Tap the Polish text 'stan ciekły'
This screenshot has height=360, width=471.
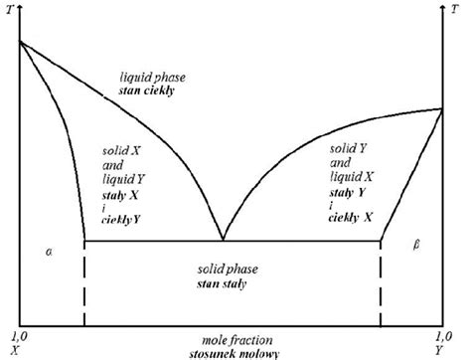145,90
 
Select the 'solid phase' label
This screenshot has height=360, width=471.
222,271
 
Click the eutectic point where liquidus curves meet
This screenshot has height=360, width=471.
222,240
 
